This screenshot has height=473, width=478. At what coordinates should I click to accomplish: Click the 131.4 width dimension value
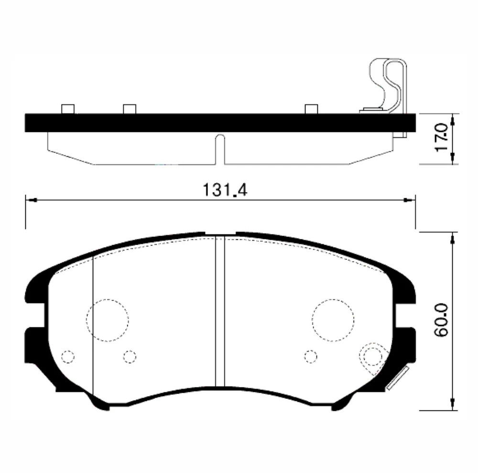pos(225,190)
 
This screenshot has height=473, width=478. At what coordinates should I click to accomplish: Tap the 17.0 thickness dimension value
pos(442,137)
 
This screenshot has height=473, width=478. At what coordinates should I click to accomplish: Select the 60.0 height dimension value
pos(442,320)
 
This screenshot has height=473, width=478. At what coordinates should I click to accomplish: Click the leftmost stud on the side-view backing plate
pos(68,109)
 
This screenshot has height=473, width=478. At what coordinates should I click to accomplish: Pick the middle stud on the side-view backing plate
pos(130,109)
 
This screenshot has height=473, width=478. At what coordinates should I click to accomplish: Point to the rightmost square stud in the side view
pos(311,109)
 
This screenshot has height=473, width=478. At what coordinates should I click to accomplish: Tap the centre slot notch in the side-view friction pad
pos(220,150)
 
